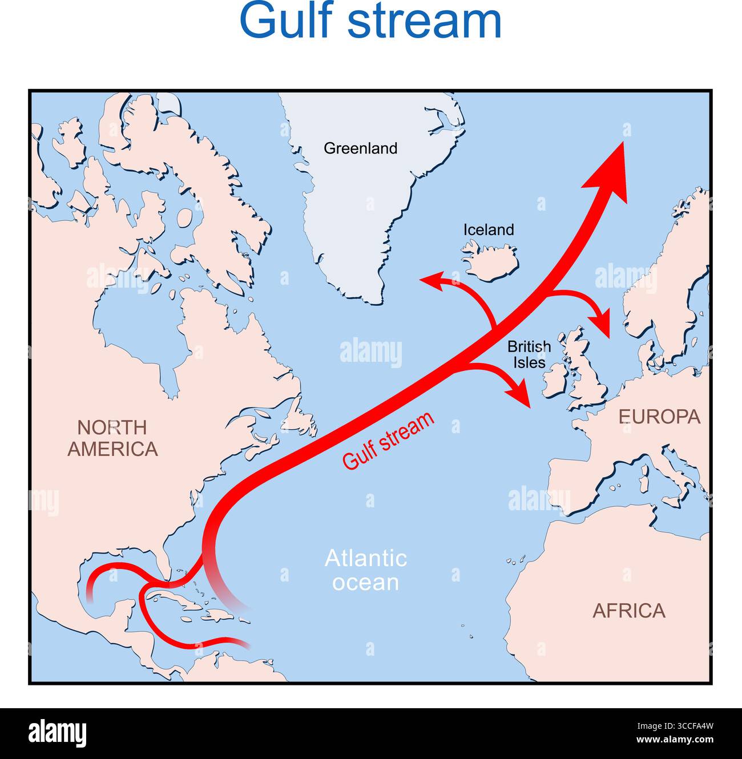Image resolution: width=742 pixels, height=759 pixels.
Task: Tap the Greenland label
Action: (x=360, y=148)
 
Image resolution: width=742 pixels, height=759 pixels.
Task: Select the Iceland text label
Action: (x=488, y=229)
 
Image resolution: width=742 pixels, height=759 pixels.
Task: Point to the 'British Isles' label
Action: (x=529, y=354)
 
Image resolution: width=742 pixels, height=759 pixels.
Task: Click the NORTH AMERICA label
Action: (x=112, y=438)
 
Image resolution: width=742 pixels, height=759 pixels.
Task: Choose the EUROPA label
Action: (x=659, y=417)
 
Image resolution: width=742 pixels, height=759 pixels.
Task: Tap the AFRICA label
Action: (x=628, y=611)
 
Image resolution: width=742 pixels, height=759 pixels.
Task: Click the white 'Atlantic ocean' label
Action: (x=365, y=570)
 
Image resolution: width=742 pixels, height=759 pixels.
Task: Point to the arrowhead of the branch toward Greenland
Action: (x=431, y=280)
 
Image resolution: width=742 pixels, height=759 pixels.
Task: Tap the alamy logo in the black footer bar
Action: (x=57, y=733)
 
